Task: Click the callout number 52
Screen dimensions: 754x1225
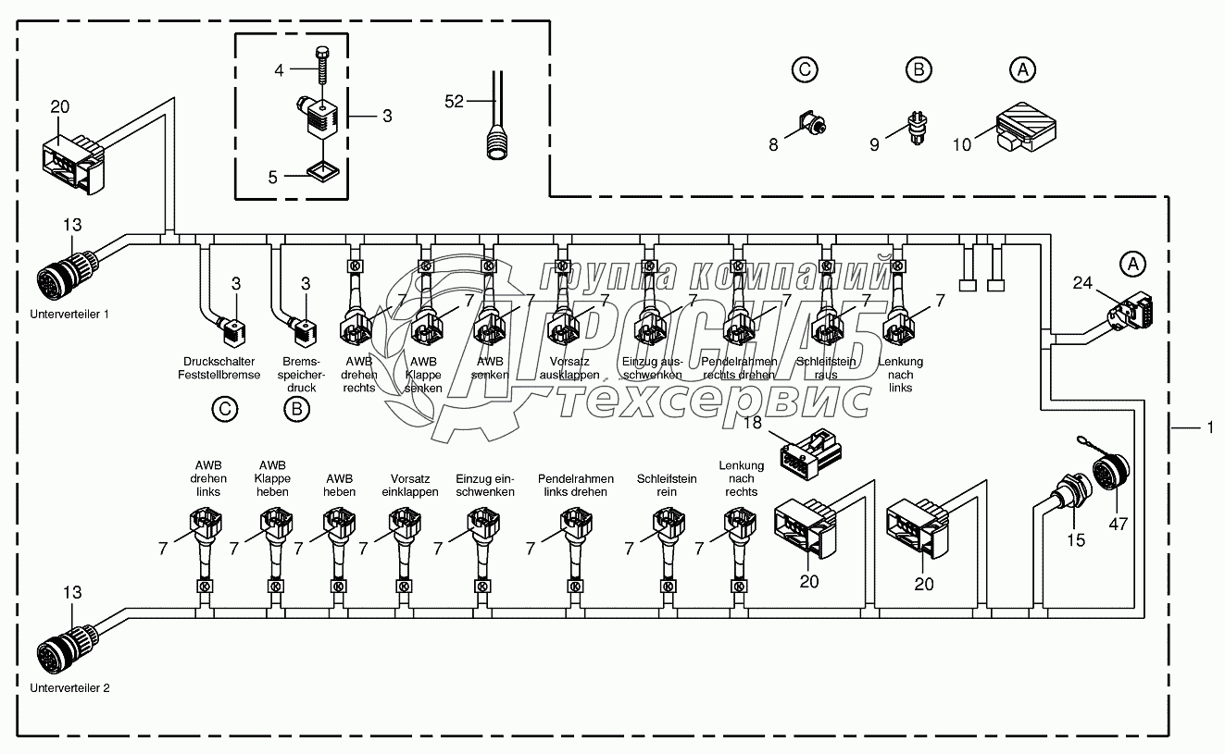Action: click(x=454, y=102)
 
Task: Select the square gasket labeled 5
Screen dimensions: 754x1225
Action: click(x=320, y=172)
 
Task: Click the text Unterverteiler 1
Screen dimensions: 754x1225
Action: click(x=69, y=314)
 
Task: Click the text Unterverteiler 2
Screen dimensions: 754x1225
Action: click(x=69, y=688)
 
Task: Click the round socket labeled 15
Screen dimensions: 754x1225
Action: click(x=1066, y=501)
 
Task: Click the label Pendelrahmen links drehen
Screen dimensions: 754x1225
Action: click(x=576, y=485)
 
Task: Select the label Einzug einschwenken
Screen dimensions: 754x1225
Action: click(x=484, y=485)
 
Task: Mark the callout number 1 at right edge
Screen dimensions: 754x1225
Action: click(x=1208, y=427)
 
